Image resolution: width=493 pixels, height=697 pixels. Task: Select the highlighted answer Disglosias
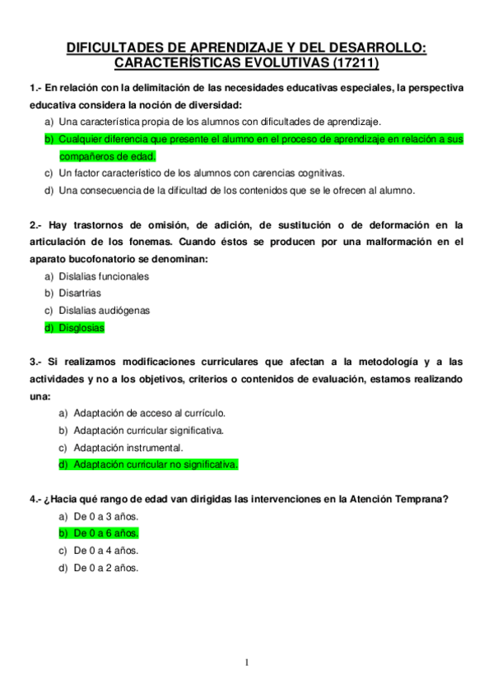click(81, 328)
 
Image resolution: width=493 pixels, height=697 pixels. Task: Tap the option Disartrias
click(81, 293)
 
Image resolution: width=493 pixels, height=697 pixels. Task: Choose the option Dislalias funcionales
click(104, 276)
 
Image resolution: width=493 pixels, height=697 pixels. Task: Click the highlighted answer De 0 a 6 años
click(106, 533)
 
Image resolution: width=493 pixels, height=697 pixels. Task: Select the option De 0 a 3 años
click(106, 516)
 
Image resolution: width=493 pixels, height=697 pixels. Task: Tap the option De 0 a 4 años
click(106, 551)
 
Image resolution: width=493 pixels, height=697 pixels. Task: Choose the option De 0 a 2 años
click(106, 568)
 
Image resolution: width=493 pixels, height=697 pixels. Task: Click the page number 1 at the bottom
click(246, 663)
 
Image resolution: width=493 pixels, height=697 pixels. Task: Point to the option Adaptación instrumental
click(128, 447)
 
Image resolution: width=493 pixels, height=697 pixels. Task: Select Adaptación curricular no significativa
click(156, 464)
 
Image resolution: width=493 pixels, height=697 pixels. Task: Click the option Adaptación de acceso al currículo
click(149, 413)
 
